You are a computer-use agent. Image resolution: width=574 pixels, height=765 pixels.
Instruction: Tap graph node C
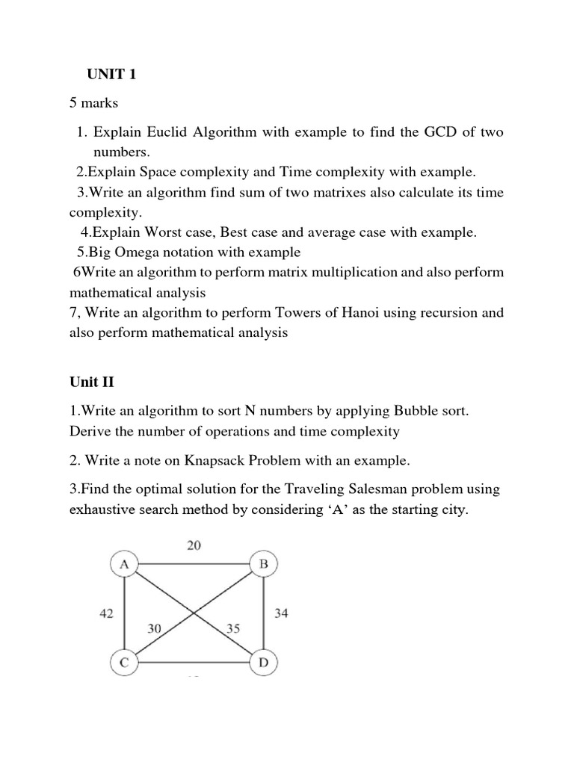(124, 662)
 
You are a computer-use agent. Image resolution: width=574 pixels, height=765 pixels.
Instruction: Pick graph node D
(262, 662)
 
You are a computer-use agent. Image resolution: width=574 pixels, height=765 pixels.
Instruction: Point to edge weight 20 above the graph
(193, 546)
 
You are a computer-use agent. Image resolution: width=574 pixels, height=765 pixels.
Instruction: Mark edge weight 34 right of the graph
(282, 613)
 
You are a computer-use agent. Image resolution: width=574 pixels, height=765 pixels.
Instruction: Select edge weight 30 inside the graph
(155, 630)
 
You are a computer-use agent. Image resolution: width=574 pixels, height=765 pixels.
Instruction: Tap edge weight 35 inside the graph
(232, 630)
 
